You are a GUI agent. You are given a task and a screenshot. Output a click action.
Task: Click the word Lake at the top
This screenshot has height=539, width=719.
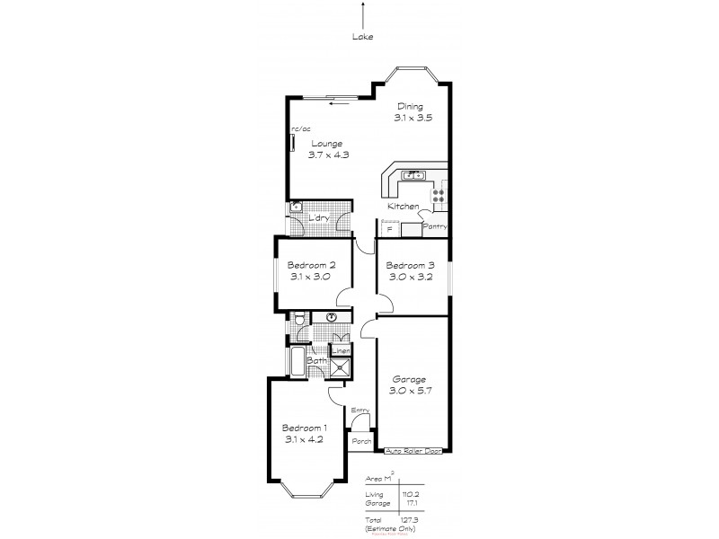click(363, 37)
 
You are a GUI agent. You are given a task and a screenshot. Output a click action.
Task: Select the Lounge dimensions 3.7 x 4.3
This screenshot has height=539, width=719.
click(330, 155)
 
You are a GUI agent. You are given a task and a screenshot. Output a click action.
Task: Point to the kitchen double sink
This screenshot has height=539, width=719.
click(414, 174)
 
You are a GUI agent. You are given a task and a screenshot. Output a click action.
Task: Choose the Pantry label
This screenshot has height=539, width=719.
click(435, 226)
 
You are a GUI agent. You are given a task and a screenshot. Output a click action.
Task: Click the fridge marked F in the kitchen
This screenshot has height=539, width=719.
click(389, 229)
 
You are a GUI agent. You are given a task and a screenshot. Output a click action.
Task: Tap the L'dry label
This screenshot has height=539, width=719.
click(317, 218)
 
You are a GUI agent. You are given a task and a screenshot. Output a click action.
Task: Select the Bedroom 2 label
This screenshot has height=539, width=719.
click(311, 265)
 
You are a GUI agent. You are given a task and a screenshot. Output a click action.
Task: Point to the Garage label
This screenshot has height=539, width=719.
click(410, 379)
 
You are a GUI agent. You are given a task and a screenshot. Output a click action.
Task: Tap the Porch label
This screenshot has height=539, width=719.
click(361, 442)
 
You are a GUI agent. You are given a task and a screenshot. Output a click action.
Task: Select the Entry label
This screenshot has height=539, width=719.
click(360, 411)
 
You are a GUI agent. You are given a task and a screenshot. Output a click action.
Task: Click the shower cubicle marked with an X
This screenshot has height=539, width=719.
click(341, 366)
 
